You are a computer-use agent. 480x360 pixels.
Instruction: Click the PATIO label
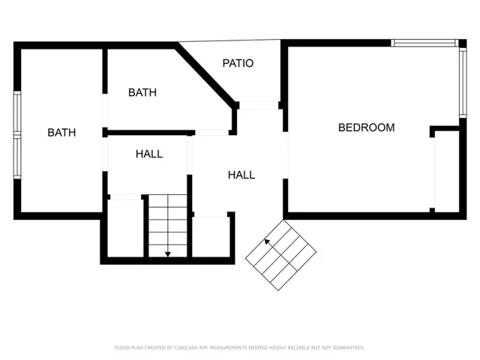pyautogui.click(x=238, y=63)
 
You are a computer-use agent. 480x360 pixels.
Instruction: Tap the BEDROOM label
pyautogui.click(x=367, y=127)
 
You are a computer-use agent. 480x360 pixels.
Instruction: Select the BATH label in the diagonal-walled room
pyautogui.click(x=142, y=92)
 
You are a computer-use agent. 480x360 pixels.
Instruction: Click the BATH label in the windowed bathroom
pyautogui.click(x=61, y=133)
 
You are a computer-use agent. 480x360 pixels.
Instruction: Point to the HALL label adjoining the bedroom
pyautogui.click(x=241, y=175)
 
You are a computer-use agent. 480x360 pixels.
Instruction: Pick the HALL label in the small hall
pyautogui.click(x=149, y=154)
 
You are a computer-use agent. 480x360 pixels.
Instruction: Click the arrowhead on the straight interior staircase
pyautogui.click(x=168, y=254)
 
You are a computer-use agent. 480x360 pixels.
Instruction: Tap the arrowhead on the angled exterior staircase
pyautogui.click(x=267, y=241)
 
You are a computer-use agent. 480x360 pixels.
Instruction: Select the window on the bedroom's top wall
pyautogui.click(x=424, y=43)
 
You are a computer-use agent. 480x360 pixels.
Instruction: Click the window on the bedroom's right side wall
pyautogui.click(x=463, y=82)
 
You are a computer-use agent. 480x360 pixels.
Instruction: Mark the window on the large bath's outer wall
pyautogui.click(x=17, y=135)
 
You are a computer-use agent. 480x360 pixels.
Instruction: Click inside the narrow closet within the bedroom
pyautogui.click(x=447, y=172)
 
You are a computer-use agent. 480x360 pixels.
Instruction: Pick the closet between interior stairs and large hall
pyautogui.click(x=210, y=237)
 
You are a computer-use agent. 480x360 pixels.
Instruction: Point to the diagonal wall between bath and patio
pyautogui.click(x=206, y=75)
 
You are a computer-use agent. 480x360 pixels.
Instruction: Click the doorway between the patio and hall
pyautogui.click(x=259, y=105)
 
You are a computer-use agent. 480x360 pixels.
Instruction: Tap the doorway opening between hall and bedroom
pyautogui.click(x=285, y=155)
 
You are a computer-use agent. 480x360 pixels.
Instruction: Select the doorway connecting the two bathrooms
pyautogui.click(x=105, y=110)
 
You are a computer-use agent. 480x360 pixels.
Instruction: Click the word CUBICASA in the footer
pyautogui.click(x=185, y=348)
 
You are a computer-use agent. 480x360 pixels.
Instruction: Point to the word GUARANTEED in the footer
pyautogui.click(x=349, y=348)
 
